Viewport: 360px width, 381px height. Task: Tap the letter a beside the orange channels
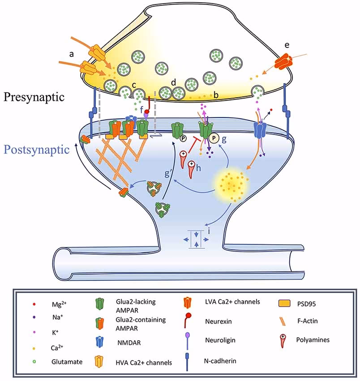click(x=70, y=53)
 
